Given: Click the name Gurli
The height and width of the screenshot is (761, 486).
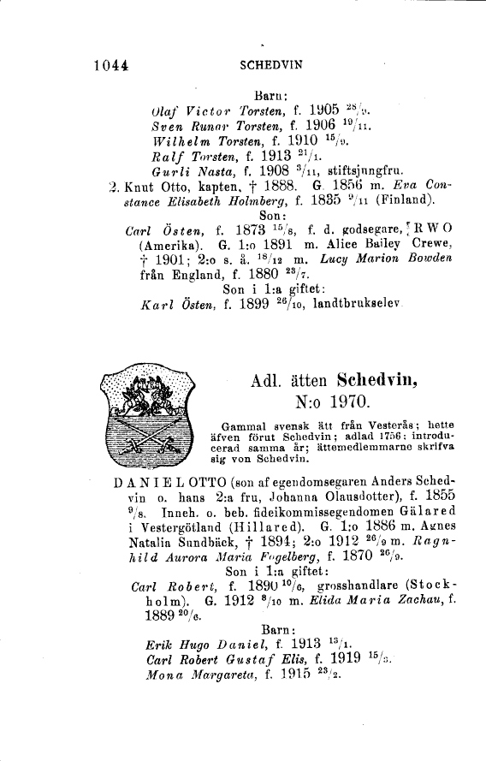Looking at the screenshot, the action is click(x=168, y=169).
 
